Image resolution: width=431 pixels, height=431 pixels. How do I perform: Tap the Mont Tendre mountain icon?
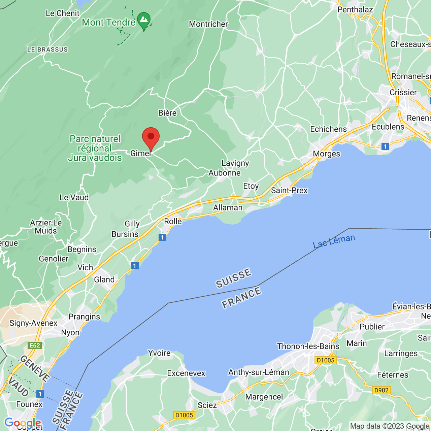click(144, 20)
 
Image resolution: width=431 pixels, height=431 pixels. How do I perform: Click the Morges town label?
click(326, 154)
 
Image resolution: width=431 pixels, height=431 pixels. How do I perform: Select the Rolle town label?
click(173, 221)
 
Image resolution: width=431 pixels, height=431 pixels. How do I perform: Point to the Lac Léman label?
click(334, 241)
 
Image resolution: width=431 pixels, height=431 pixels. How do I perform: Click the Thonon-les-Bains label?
click(308, 346)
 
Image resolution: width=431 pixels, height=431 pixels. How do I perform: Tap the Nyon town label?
click(70, 333)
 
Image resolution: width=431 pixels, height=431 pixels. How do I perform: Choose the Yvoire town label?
click(159, 353)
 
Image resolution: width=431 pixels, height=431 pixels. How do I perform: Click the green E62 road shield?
click(35, 345)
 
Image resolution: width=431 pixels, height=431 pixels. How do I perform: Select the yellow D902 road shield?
click(381, 390)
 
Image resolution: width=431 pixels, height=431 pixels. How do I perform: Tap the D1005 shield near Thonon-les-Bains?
click(326, 360)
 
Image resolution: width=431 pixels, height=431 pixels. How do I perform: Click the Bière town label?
click(167, 113)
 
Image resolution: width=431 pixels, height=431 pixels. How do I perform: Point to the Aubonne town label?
click(225, 173)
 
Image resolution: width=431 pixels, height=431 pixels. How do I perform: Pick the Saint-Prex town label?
click(289, 191)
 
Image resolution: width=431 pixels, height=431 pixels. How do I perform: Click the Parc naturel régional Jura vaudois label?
click(95, 148)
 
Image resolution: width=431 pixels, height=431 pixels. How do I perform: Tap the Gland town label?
click(104, 279)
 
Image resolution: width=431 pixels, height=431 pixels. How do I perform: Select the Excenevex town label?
click(186, 373)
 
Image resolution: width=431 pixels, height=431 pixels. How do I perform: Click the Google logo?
click(23, 423)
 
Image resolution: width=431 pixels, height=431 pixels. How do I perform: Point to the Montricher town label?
click(208, 24)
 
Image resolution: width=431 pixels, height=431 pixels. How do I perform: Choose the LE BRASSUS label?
click(47, 49)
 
